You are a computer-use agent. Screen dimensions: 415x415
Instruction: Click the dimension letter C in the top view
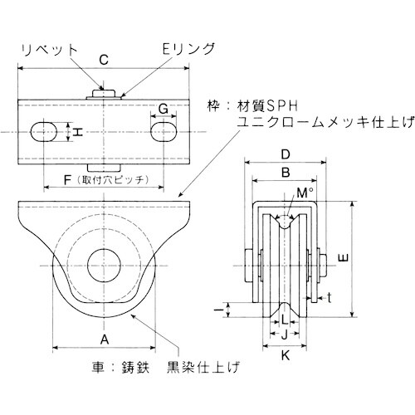point(103,60)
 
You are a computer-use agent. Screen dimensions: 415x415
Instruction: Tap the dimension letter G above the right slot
point(164,108)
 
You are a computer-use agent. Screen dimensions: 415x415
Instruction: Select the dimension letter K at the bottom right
point(285,356)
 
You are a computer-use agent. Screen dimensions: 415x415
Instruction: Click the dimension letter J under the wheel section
point(284,334)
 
